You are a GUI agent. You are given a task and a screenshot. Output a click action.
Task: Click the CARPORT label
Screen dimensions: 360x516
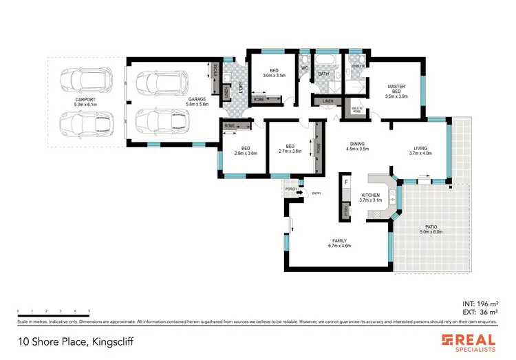(85, 100)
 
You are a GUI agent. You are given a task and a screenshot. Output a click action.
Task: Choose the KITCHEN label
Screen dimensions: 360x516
(371, 195)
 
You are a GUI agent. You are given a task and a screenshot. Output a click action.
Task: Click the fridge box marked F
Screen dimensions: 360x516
(346, 183)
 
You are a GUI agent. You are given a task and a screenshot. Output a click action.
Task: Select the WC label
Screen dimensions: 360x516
(304, 68)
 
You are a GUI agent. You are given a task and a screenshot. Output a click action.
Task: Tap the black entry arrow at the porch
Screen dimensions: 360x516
(299, 193)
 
